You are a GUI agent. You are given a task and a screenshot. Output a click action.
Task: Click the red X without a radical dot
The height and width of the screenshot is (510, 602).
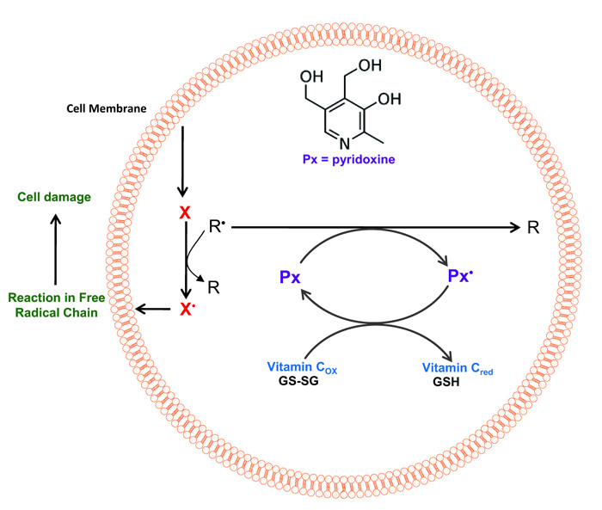point(182,212)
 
